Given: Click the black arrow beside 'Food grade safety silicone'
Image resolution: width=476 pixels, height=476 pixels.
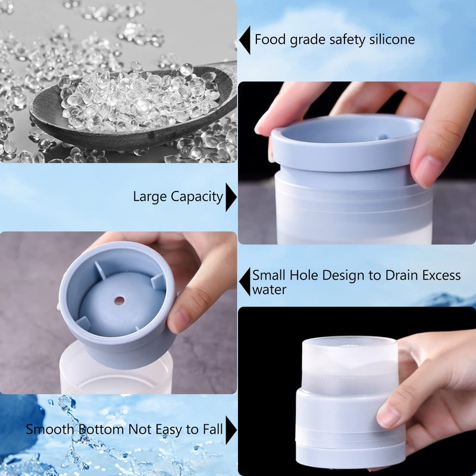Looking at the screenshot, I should pos(244,40).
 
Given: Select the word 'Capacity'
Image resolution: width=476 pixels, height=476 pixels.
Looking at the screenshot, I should pos(195,197).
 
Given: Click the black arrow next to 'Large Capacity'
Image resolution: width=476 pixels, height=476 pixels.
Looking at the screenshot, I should pos(231,197).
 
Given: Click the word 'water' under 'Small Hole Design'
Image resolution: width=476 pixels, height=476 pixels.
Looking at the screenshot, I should pos(269,290).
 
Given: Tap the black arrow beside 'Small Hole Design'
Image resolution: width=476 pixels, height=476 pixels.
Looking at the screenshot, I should pos(244,281).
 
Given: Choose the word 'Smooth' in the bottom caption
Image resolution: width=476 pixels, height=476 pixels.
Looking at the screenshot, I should pos(49,429).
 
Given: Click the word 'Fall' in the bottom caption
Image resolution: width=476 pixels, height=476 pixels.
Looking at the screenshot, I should pos(211,429).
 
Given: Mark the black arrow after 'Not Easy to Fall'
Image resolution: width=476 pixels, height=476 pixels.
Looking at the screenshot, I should pos(231,429).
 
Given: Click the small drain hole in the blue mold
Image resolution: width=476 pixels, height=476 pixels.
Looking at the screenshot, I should pos(119,300).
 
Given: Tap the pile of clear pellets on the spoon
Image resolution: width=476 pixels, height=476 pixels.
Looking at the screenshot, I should pos(137,101).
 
